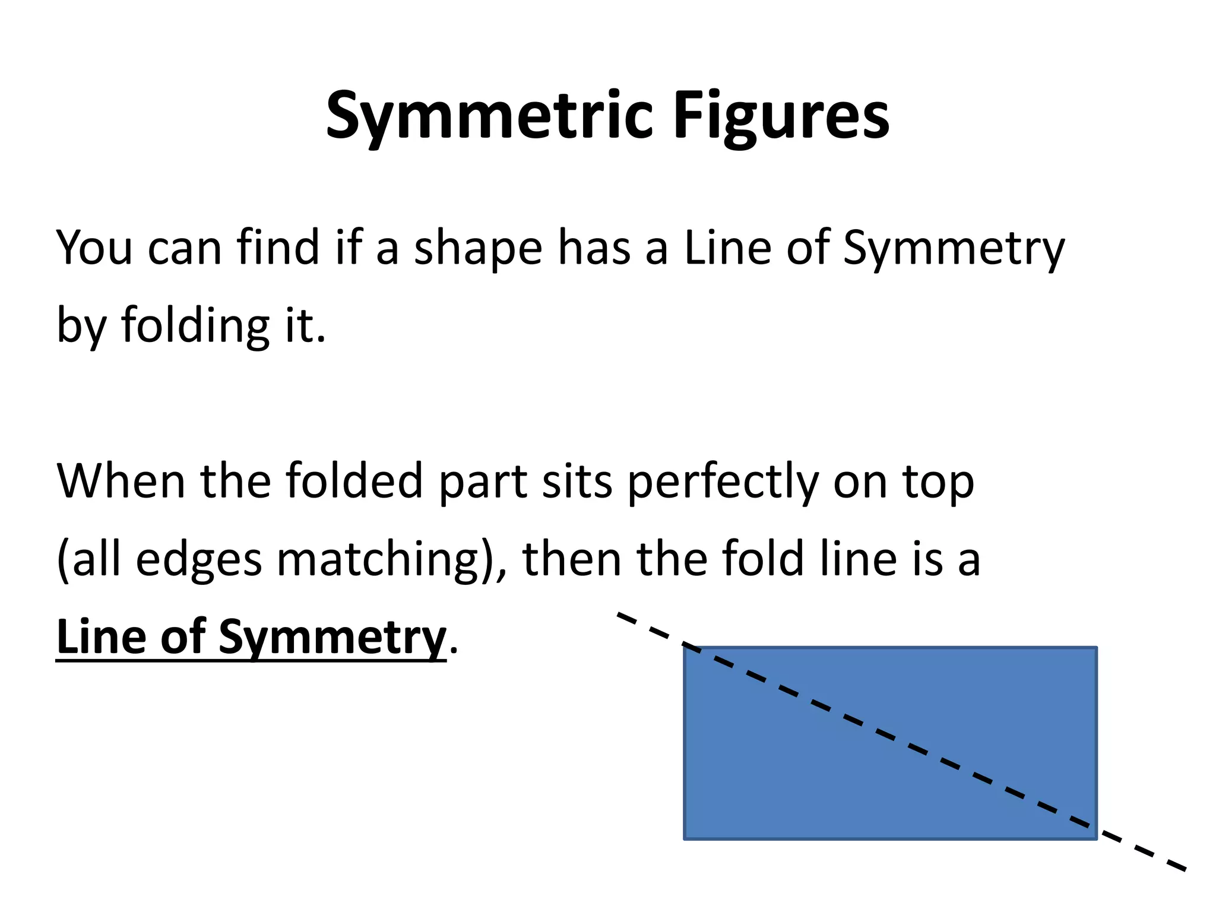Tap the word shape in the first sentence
[478, 248]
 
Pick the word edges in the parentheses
[199, 560]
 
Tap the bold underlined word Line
[102, 636]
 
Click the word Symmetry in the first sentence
[954, 248]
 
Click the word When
[121, 481]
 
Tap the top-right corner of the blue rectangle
[1096, 648]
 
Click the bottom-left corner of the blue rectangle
[685, 838]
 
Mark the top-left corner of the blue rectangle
[685, 648]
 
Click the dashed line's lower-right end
[1185, 870]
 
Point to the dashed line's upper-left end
[619, 614]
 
